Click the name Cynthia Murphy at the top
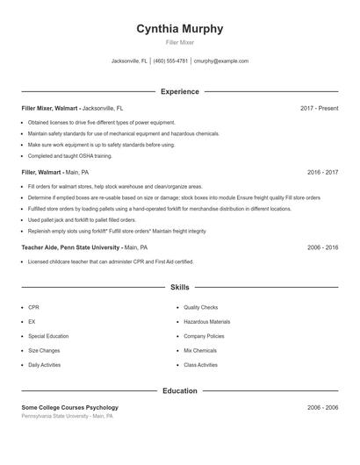[x=179, y=29]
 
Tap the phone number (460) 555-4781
[x=171, y=61]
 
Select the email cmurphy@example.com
[x=221, y=61]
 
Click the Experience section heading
[x=179, y=91]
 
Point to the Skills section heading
[x=179, y=287]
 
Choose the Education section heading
[x=179, y=390]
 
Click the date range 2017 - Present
[x=319, y=108]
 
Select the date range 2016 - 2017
[x=322, y=173]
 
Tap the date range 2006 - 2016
[x=322, y=247]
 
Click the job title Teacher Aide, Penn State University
[x=70, y=247]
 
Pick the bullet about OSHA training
[x=69, y=155]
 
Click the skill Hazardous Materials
[x=206, y=322]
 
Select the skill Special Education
[x=48, y=336]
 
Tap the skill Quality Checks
[x=200, y=308]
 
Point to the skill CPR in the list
[x=33, y=308]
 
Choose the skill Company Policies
[x=204, y=336]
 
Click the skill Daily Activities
[x=44, y=365]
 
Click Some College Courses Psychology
[x=69, y=407]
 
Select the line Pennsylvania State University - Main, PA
[x=67, y=416]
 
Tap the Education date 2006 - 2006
[x=322, y=407]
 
